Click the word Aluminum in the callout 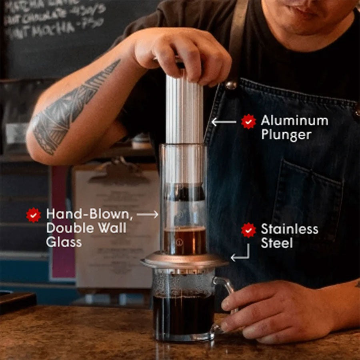294,120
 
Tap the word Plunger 286,135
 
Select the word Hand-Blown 89,214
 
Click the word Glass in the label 64,242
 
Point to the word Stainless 290,229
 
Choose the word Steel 277,243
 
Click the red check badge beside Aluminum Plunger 248,121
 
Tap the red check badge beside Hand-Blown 34,215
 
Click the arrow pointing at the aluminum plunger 224,121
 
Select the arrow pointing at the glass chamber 148,215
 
